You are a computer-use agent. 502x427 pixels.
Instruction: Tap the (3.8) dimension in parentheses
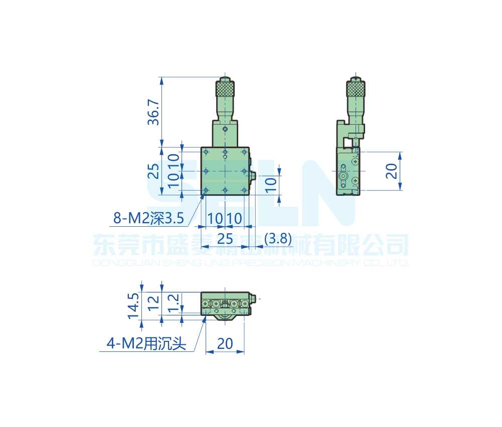pos(277,238)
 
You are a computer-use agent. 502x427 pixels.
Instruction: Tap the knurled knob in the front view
pos(225,89)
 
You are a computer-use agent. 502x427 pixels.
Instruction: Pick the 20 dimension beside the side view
pos(392,171)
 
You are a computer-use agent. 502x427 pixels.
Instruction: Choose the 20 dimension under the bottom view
pos(225,343)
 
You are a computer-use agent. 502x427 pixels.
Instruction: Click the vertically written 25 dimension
pos(154,171)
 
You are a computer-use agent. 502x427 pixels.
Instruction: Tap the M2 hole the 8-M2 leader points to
pos(206,190)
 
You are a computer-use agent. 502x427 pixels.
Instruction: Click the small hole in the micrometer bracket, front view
pos(225,130)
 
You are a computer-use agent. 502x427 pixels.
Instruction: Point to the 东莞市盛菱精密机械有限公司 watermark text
pos(251,245)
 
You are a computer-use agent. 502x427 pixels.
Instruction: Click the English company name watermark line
pos(251,263)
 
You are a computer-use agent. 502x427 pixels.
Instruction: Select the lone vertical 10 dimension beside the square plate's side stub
pos(270,184)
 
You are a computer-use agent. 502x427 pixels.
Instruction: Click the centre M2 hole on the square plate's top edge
pos(225,151)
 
